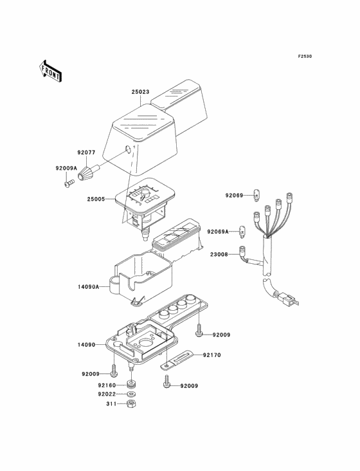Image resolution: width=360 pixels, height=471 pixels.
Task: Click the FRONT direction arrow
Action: (50, 71)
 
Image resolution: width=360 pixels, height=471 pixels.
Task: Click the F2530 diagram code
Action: (305, 56)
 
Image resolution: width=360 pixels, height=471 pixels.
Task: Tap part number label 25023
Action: (140, 91)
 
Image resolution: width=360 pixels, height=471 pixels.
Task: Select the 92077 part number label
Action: (86, 152)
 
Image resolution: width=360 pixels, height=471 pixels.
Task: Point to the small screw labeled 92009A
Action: (69, 183)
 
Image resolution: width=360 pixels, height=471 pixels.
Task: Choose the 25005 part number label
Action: (96, 199)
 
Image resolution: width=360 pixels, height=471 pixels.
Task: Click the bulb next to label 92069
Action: (256, 195)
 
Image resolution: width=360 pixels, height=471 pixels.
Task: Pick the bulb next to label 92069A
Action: (242, 232)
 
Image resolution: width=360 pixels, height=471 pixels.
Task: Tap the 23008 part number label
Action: (219, 254)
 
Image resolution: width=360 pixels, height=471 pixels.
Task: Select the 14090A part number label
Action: (88, 287)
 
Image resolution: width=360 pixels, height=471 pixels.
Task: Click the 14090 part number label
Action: (86, 345)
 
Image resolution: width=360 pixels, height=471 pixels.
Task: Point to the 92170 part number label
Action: (212, 355)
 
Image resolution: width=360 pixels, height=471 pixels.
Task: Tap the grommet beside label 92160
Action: (130, 384)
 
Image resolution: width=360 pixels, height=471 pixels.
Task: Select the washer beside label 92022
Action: (130, 394)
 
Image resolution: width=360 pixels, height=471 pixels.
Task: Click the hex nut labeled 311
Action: (130, 403)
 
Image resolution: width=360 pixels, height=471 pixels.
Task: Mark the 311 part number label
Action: (111, 404)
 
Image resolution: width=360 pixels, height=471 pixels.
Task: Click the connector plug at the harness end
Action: (287, 299)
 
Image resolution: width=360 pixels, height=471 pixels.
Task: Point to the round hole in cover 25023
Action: (128, 149)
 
